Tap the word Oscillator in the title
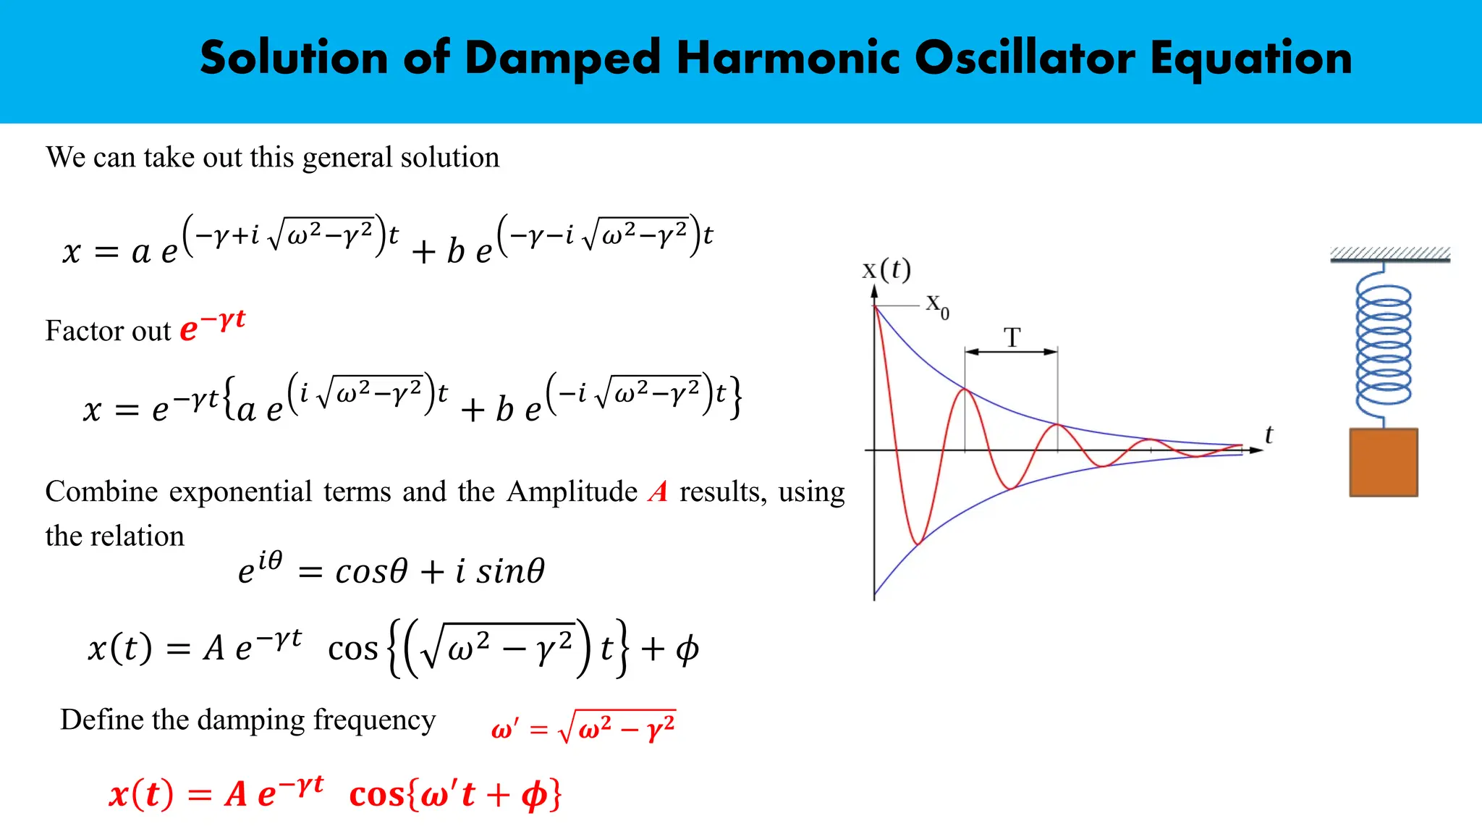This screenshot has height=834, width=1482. click(1025, 58)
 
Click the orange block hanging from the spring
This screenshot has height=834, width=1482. click(1383, 462)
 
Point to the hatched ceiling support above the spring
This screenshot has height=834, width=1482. click(1389, 253)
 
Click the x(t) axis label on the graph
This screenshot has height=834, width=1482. click(886, 269)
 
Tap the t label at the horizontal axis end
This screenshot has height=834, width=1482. click(1269, 434)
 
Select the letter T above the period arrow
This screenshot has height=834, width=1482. click(1012, 337)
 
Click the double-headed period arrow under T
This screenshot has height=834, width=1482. click(1011, 352)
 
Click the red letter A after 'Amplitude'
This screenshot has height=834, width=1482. click(658, 492)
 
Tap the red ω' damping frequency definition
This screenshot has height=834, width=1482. click(583, 727)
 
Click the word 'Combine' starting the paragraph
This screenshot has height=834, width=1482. click(101, 492)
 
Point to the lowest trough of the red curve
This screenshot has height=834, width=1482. click(918, 542)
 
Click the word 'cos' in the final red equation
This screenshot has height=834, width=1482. click(376, 795)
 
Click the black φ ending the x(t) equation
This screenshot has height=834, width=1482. click(687, 649)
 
